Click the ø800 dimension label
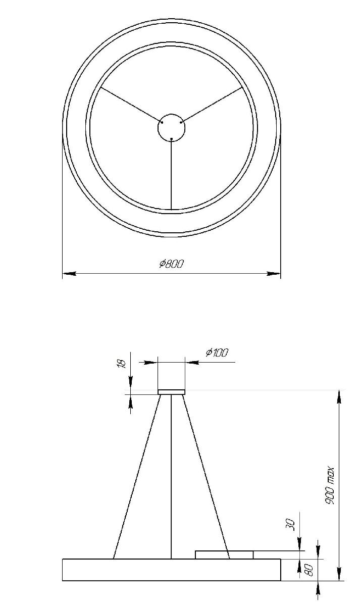coord(172,264)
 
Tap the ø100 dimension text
coord(217,352)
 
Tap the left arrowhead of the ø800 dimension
coord(69,274)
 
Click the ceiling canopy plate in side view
coord(172,392)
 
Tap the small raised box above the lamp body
coord(224,555)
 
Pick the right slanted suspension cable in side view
coord(206,475)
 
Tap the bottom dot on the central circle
coord(172,138)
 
